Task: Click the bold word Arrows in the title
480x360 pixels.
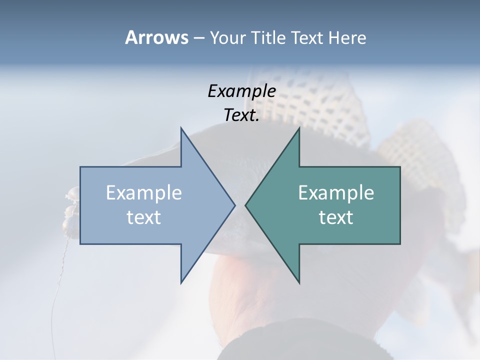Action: click(x=156, y=37)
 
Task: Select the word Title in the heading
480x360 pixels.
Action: click(x=269, y=38)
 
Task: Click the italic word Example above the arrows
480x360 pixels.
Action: click(x=241, y=91)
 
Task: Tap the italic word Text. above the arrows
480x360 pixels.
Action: click(x=241, y=115)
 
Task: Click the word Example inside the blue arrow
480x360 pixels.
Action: click(x=144, y=192)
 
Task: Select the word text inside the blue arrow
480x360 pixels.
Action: click(x=144, y=217)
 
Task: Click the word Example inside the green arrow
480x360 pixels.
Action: click(x=336, y=192)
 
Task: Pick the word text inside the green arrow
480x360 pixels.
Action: click(x=336, y=217)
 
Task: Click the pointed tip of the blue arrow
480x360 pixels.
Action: click(x=234, y=205)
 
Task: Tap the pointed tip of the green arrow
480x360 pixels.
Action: click(x=245, y=205)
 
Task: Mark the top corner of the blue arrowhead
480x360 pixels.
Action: click(x=181, y=128)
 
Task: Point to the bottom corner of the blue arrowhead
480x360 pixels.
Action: click(x=181, y=283)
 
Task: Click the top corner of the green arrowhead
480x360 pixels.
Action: click(x=299, y=128)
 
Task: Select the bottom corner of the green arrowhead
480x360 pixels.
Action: click(x=299, y=283)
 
